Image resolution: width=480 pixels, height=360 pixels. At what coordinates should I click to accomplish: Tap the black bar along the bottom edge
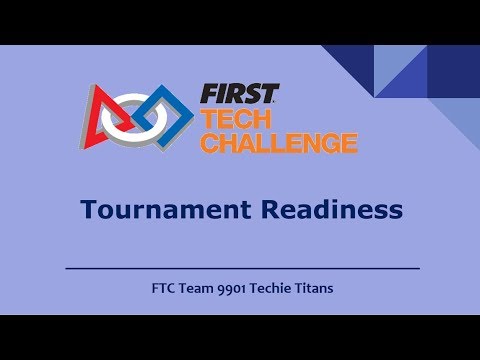pos(240,337)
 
